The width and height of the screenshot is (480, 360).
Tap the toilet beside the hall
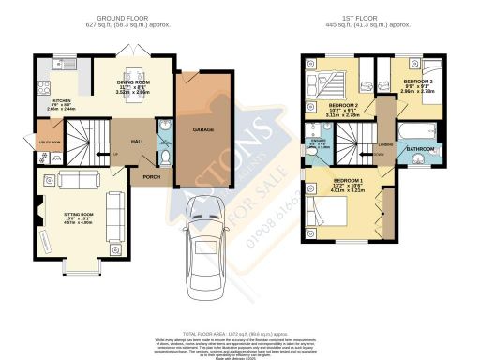[166, 155]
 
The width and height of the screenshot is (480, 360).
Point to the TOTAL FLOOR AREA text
[238, 333]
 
